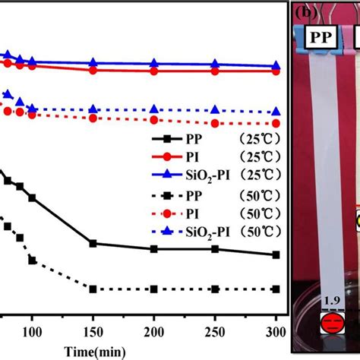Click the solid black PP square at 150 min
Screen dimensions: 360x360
(x=93, y=243)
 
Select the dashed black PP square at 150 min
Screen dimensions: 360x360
(x=93, y=289)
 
